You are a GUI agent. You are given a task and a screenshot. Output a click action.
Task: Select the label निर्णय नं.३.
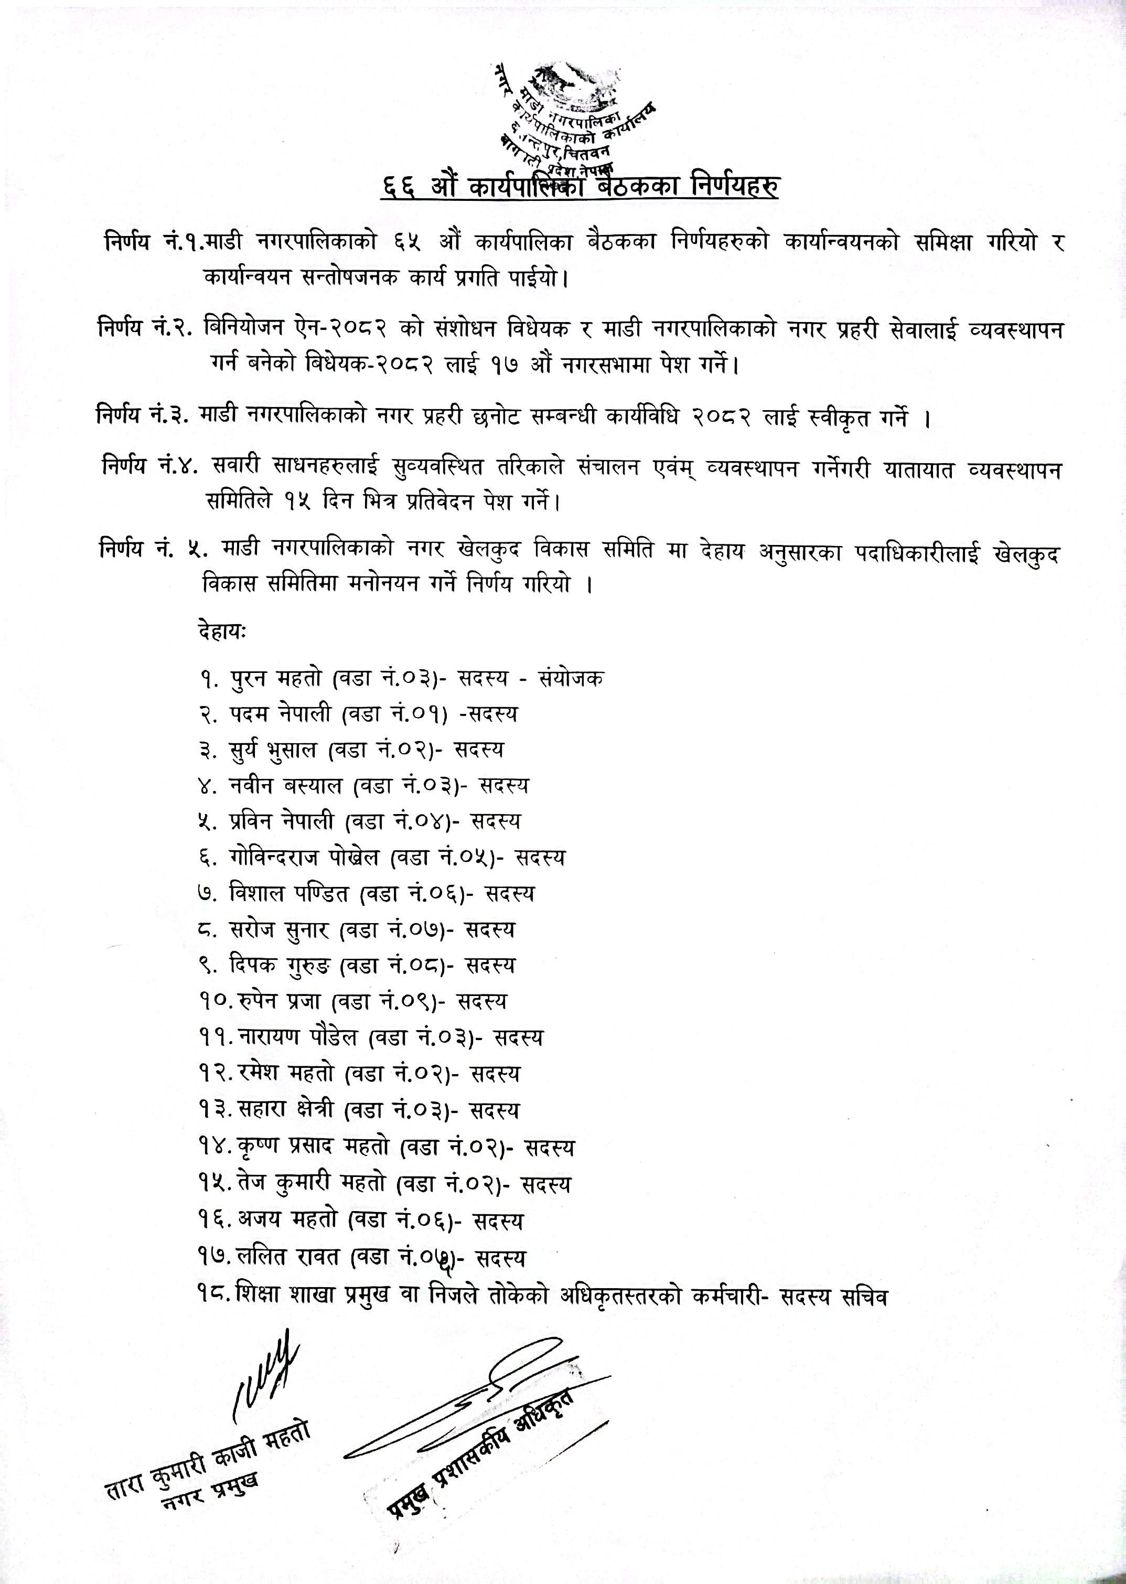click(144, 418)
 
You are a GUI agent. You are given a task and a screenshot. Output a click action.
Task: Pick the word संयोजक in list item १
click(570, 679)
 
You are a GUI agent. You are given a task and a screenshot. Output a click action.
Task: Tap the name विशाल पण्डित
click(291, 894)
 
